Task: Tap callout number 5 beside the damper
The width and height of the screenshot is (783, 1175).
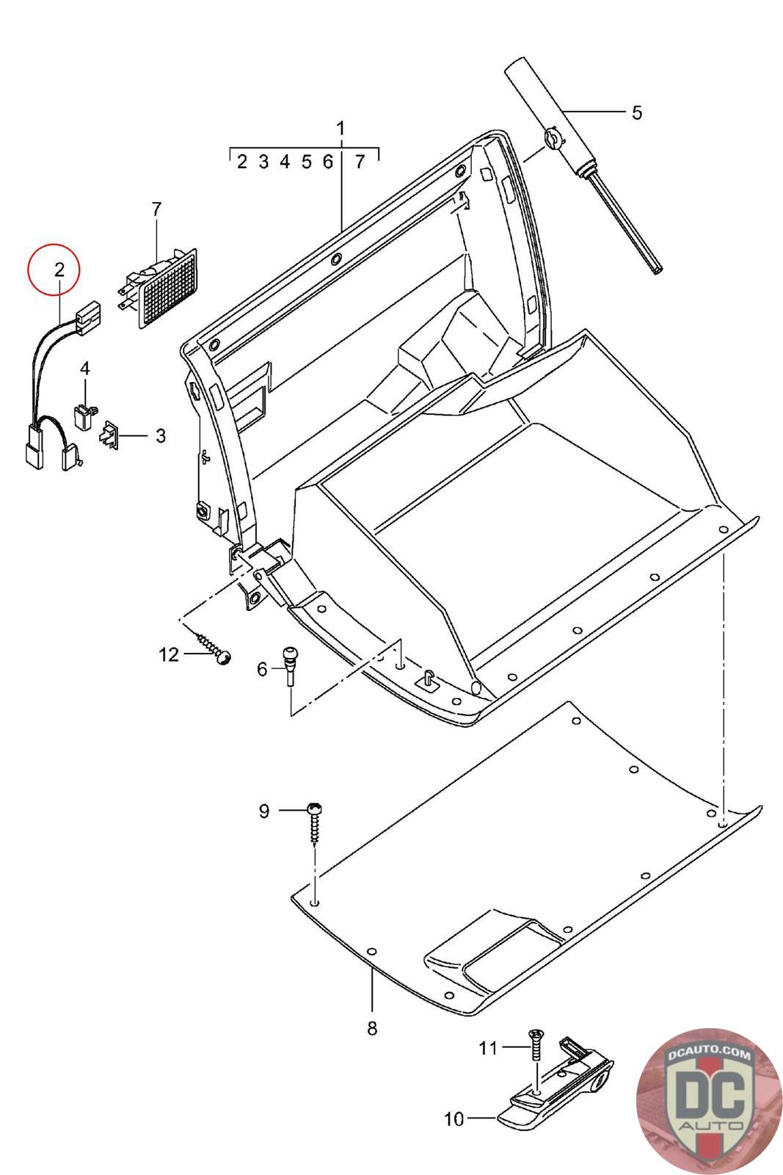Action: click(x=636, y=113)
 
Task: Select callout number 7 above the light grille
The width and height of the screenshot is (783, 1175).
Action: click(x=156, y=209)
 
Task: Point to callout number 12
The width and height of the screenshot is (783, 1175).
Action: click(x=169, y=654)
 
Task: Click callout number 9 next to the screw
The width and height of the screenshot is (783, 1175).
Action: click(x=264, y=811)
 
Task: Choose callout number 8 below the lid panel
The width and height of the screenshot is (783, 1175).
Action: click(x=372, y=1028)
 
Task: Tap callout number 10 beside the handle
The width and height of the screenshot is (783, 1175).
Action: click(x=454, y=1119)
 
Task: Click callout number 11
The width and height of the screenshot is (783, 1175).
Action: click(x=488, y=1049)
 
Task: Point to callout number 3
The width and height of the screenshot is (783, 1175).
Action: click(x=160, y=435)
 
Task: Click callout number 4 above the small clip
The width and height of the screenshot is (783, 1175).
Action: click(x=85, y=368)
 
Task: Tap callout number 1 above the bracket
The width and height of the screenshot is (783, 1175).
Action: click(x=340, y=129)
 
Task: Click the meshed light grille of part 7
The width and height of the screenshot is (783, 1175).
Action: click(x=169, y=288)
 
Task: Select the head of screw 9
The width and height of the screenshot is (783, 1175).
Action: click(x=314, y=808)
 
